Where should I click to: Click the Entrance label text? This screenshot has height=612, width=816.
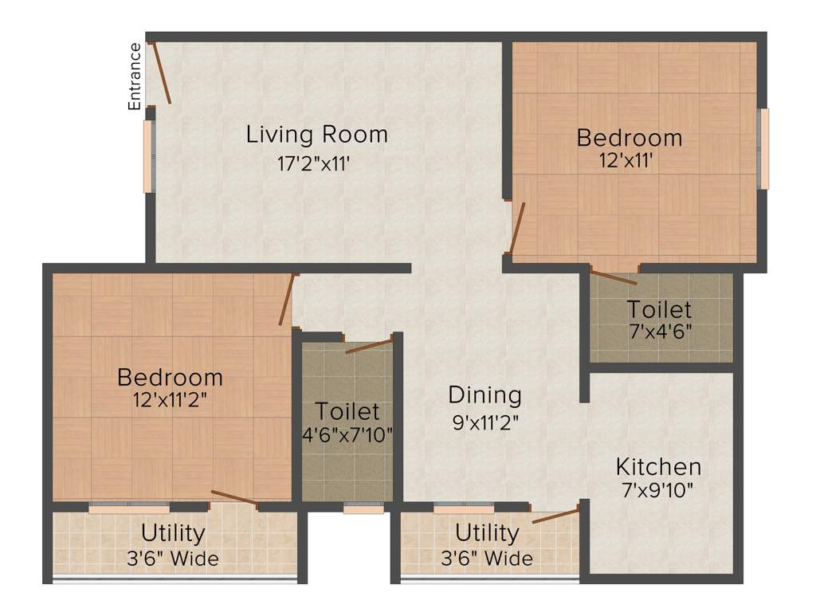point(135,76)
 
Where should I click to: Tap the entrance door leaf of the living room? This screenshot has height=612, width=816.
point(160,73)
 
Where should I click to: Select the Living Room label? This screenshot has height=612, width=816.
point(316,134)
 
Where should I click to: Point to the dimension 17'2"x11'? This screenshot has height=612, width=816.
point(313,164)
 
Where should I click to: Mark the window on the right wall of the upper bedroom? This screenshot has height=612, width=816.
point(763,148)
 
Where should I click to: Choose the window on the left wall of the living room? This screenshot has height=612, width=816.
point(147,156)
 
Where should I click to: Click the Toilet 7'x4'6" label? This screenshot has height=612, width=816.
point(658,309)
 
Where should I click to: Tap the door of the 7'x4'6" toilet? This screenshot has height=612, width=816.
point(614,277)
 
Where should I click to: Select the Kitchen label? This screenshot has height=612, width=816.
point(658,466)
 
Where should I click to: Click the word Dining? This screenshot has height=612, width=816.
point(484,394)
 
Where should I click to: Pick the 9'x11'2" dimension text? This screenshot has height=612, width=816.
point(484,422)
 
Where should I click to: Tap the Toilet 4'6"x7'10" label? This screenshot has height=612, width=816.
point(347,412)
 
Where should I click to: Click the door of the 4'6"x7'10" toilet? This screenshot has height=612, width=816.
point(369,345)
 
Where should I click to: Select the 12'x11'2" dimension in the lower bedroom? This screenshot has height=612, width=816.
point(171,400)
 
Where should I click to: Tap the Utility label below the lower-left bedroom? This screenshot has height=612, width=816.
point(173,532)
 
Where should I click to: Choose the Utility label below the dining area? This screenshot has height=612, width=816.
point(487,532)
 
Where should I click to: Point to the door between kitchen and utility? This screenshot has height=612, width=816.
point(555,515)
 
